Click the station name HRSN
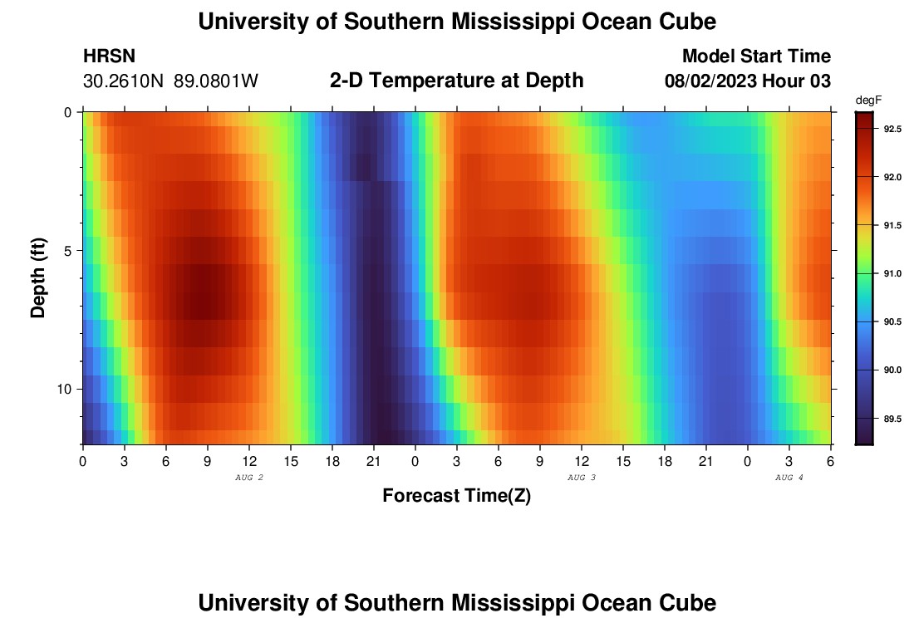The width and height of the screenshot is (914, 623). click(109, 56)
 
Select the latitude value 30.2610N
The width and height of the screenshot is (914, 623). click(125, 81)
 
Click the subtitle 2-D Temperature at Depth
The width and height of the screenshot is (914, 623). click(456, 81)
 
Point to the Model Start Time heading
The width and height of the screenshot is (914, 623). click(756, 56)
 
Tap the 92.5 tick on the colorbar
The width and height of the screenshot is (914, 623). click(892, 130)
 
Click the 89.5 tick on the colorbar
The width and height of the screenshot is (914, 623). click(892, 418)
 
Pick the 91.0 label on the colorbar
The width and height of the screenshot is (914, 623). click(892, 273)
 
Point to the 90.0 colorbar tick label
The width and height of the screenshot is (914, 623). click(892, 370)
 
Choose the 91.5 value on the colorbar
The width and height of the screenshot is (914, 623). click(892, 226)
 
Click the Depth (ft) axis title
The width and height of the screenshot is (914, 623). click(37, 278)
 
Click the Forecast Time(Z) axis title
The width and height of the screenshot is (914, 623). click(456, 496)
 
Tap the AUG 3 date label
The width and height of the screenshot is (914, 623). click(582, 478)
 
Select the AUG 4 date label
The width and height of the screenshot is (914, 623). click(789, 478)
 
